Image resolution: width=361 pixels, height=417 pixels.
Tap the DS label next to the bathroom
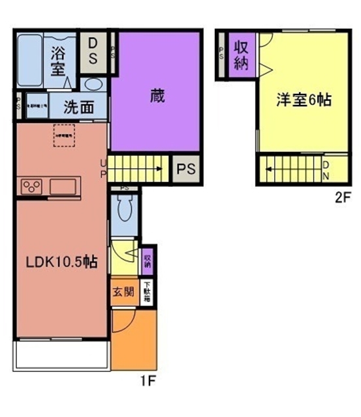[x=93, y=52]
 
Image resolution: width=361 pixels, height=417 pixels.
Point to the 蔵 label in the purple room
[x=155, y=96]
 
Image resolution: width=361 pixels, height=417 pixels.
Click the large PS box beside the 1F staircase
[x=185, y=169]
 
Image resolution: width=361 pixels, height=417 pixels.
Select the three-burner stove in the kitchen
[x=31, y=188]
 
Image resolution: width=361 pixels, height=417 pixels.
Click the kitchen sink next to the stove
[x=64, y=187]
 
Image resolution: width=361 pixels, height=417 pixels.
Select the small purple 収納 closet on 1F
[x=148, y=259]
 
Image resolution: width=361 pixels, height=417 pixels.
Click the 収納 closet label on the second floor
[x=241, y=55]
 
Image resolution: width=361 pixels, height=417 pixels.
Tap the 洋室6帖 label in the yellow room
[x=304, y=100]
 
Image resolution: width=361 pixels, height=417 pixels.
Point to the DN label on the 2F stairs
[x=326, y=170]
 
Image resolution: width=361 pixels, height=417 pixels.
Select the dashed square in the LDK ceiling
[x=64, y=136]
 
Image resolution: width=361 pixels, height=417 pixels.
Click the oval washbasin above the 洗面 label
[x=93, y=85]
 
